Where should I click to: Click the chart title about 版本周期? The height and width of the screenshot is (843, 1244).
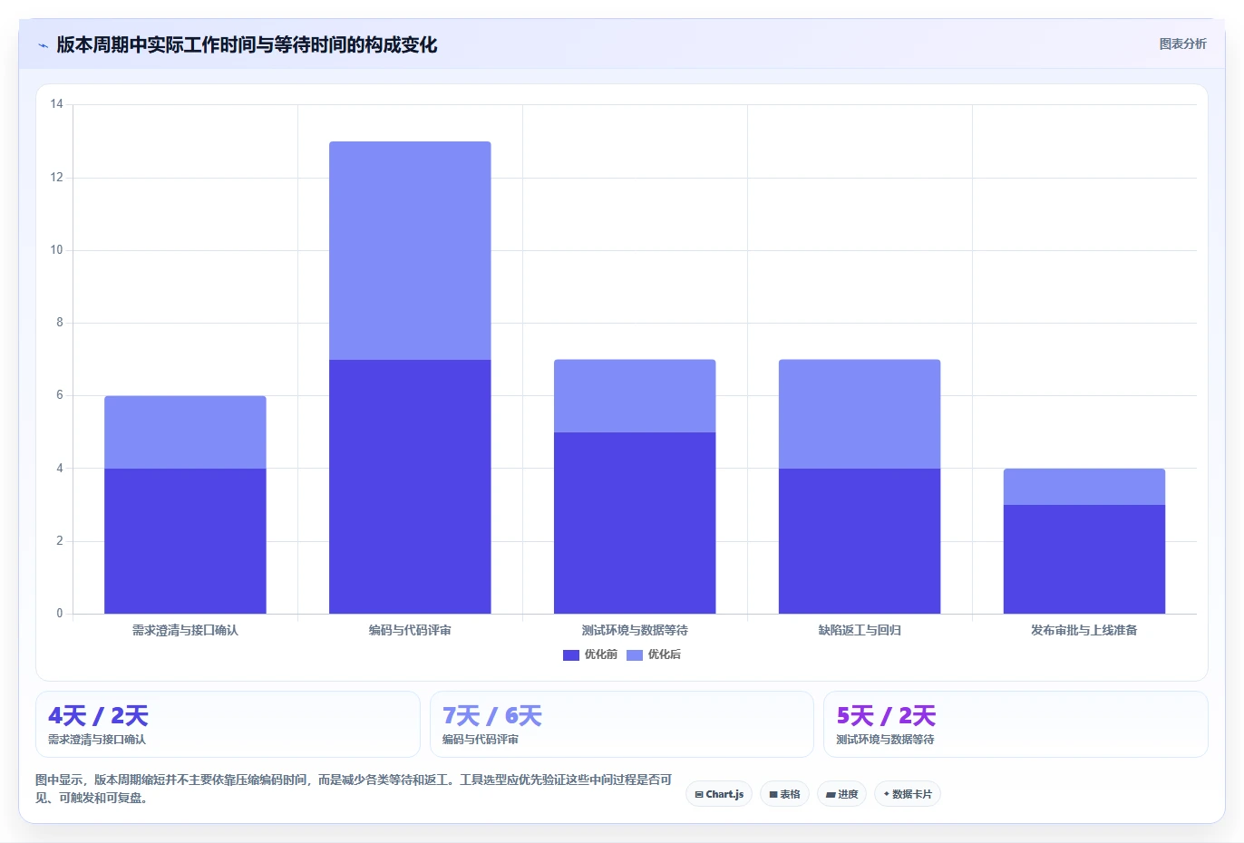(247, 45)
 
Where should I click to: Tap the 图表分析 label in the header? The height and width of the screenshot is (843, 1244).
(1182, 44)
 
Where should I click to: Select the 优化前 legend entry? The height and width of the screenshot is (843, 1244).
(589, 654)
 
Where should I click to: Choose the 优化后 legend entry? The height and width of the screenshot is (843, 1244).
(654, 654)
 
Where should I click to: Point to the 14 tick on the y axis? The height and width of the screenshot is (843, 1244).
(56, 104)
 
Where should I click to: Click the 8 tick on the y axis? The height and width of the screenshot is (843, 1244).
(60, 322)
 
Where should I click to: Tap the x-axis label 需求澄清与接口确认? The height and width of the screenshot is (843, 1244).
(185, 630)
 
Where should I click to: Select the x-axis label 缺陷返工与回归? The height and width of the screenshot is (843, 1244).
(860, 630)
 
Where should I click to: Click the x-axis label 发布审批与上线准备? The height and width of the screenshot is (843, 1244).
(1084, 630)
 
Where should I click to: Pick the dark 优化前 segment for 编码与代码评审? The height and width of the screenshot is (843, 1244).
(410, 487)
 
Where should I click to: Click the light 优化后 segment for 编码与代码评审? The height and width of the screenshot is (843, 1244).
(410, 250)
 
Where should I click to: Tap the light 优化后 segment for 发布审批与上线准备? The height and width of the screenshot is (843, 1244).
(1084, 487)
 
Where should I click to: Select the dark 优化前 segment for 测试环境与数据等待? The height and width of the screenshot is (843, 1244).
(635, 523)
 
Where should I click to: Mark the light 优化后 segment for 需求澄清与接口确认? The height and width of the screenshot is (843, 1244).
(185, 432)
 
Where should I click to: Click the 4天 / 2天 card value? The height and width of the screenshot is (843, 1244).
(98, 716)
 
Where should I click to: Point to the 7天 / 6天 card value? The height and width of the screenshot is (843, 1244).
(492, 716)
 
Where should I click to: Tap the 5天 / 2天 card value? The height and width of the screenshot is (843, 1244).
(887, 716)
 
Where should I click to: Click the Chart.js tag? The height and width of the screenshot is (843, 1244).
(719, 794)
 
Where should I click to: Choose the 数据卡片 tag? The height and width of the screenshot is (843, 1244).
(908, 794)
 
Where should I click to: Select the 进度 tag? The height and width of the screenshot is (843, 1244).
(842, 794)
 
